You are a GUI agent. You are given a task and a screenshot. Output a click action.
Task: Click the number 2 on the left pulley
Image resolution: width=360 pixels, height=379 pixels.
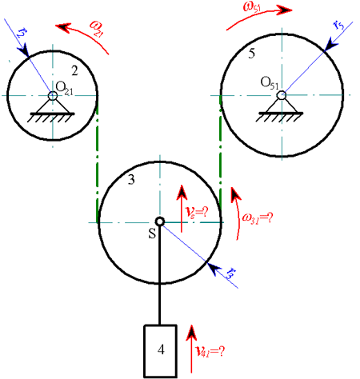74,71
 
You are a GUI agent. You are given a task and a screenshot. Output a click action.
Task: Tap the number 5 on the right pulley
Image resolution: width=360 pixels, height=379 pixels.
251,54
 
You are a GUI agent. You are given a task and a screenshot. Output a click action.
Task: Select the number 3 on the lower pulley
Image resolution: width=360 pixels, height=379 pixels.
131,180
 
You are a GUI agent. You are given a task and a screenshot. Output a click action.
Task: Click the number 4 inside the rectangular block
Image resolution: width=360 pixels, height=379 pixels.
161,349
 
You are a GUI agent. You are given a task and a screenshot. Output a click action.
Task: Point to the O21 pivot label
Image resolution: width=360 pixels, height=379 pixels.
64,87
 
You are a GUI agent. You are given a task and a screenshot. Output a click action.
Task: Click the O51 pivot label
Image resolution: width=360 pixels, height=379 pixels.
270,82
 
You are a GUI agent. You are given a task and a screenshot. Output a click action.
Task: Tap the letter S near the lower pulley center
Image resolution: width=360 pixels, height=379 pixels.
152,233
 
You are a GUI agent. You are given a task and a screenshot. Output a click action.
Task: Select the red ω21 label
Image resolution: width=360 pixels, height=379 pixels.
96,29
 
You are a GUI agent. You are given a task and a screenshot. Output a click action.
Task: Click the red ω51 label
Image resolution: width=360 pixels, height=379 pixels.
251,7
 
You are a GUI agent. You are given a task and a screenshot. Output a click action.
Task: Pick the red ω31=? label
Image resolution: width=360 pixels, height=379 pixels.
258,218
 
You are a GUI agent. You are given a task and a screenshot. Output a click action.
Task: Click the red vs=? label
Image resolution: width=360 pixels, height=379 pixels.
197,213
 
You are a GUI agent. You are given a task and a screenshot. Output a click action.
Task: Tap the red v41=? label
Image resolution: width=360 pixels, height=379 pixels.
210,352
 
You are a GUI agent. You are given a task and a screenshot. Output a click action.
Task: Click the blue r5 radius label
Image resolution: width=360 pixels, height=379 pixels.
338,26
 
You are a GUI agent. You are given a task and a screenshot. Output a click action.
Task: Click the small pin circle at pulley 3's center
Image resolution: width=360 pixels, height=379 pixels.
160,221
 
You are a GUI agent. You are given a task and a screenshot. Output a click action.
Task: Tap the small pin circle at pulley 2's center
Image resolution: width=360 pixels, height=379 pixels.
53,95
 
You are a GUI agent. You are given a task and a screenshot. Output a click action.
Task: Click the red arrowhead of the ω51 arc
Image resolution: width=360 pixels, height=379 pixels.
286,10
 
